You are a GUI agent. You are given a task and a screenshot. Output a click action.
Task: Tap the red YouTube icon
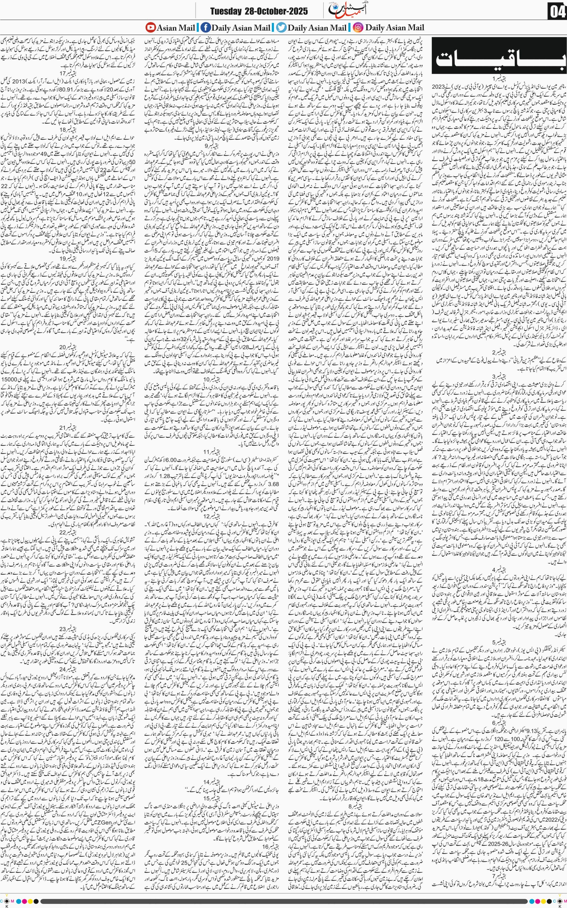[x=150, y=27]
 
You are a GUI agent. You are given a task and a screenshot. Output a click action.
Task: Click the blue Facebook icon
[x=205, y=27]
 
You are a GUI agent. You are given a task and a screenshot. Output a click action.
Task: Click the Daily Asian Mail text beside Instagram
[x=395, y=27]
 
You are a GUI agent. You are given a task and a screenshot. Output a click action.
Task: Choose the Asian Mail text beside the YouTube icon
[x=175, y=27]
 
